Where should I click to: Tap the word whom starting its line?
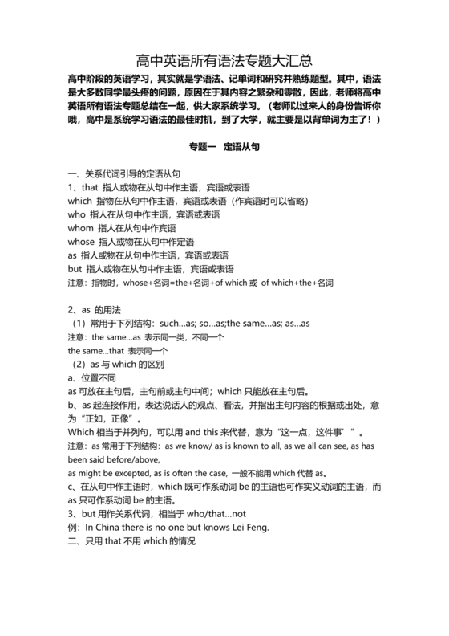point(80,229)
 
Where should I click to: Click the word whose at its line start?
point(82,242)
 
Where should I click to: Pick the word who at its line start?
point(77,215)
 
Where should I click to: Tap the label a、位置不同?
point(94,378)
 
